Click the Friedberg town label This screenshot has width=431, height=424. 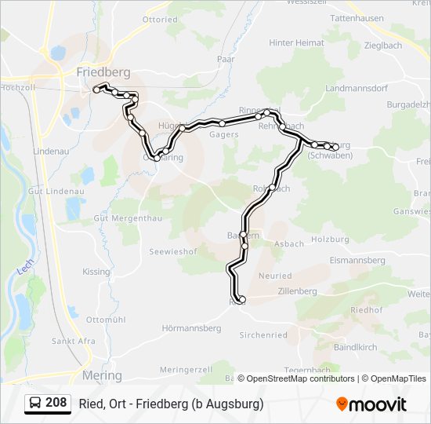coord(103,72)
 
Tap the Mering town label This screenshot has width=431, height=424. coord(102,375)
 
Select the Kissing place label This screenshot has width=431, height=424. coord(96,272)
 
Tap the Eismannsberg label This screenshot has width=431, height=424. coord(357,260)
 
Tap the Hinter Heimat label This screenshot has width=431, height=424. coord(296,42)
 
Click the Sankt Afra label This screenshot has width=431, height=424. coord(73,341)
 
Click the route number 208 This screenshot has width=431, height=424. coord(56,403)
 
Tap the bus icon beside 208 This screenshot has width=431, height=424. coord(35,404)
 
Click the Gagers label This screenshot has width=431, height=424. coord(224,134)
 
